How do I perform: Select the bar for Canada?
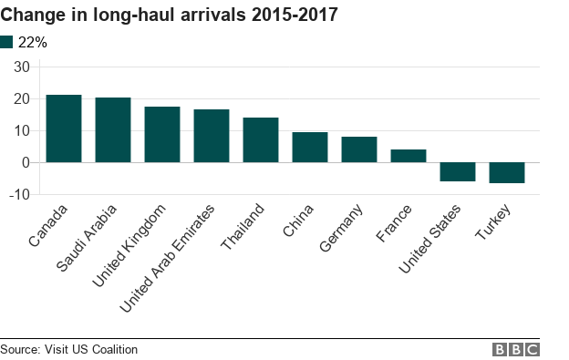(64, 129)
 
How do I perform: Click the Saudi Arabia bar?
(113, 130)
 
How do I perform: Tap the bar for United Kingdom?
(162, 135)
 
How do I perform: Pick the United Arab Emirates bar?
(212, 136)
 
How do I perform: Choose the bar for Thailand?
(261, 140)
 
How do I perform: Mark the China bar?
(310, 148)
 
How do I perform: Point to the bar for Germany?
(359, 149)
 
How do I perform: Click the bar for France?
(409, 156)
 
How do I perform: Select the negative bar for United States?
(458, 171)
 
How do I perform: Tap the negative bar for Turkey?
(507, 172)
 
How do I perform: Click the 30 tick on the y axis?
(22, 67)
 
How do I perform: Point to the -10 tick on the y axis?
(20, 195)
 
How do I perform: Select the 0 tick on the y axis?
(26, 163)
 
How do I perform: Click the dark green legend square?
(7, 42)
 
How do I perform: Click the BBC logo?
(516, 349)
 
